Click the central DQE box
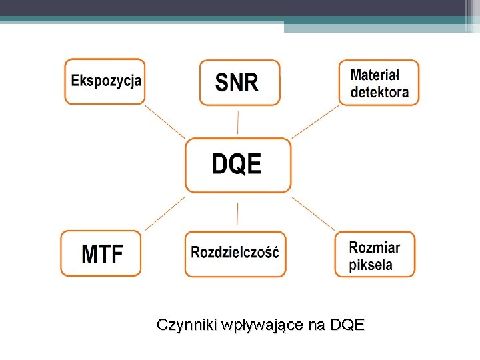click(x=237, y=165)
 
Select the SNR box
click(x=239, y=82)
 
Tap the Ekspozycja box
click(x=105, y=81)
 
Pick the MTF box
click(x=101, y=253)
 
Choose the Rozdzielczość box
click(x=235, y=253)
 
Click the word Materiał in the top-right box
click(x=374, y=75)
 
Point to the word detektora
click(x=379, y=92)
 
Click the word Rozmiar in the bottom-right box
click(x=375, y=247)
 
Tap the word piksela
click(x=371, y=265)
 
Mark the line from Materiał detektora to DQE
click(x=315, y=121)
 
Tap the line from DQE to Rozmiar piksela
click(x=313, y=213)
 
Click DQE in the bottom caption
click(x=347, y=325)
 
